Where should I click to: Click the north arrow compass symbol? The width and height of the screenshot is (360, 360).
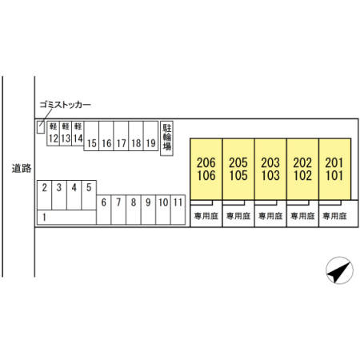(x=339, y=270)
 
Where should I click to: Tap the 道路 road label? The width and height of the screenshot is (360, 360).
(x=22, y=168)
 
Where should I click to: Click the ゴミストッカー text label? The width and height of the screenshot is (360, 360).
(x=66, y=105)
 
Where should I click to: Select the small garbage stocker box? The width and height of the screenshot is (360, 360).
(x=41, y=127)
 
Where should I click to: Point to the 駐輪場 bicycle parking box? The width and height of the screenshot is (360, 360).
(x=166, y=138)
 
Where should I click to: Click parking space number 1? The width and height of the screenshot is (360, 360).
(x=66, y=218)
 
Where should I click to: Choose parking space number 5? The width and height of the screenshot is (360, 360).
(x=89, y=195)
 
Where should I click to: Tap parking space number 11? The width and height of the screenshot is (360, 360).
(x=178, y=210)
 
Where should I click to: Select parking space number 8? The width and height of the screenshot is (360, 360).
(x=134, y=210)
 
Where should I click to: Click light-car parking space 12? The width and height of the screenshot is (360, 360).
(x=53, y=134)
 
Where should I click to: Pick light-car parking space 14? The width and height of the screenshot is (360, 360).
(x=78, y=134)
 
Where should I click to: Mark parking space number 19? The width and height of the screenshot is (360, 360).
(x=150, y=136)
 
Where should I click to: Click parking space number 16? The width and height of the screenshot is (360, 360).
(x=106, y=136)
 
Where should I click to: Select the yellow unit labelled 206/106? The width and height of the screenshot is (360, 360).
(x=206, y=169)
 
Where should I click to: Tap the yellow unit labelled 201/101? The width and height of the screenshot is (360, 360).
(x=334, y=169)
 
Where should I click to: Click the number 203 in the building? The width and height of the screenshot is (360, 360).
(x=270, y=162)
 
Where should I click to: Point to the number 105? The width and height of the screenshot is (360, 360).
(x=238, y=175)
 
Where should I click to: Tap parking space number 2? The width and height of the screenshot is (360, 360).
(x=44, y=195)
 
